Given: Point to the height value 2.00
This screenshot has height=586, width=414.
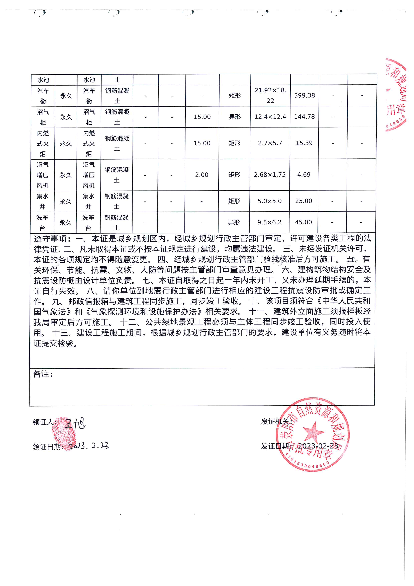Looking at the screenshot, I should tap(202, 175).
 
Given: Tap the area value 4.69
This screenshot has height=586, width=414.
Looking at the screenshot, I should tap(304, 175).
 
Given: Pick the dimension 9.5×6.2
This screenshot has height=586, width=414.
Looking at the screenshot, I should tap(269, 222).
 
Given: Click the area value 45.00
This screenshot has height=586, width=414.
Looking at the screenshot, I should tap(303, 222).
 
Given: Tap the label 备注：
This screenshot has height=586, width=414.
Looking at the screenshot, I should tap(43, 374).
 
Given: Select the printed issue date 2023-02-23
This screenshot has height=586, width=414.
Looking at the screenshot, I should tap(318, 446).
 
